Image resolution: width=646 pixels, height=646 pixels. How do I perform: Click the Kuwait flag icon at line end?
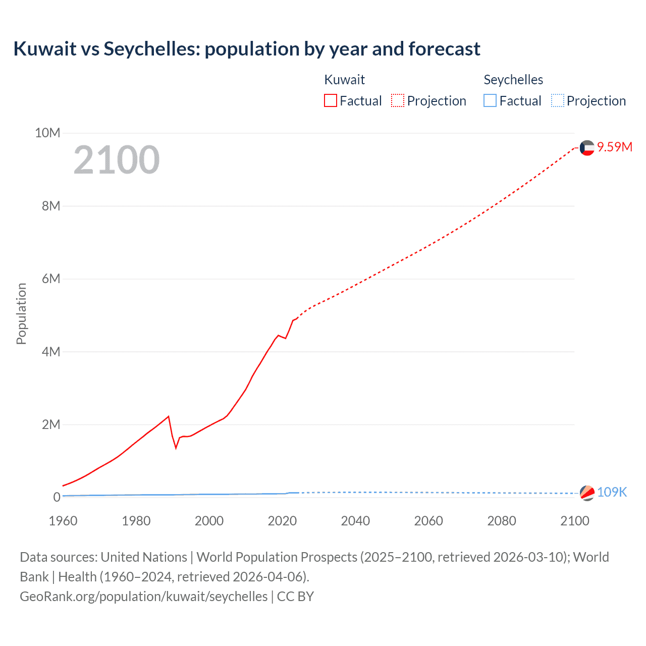(x=587, y=147)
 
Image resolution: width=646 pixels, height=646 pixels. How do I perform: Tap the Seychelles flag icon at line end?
(x=587, y=493)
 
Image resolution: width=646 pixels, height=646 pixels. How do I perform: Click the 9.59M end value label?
(x=614, y=147)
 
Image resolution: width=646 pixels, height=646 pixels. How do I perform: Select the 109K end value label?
(x=612, y=492)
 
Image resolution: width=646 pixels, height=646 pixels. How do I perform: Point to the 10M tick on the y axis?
(x=47, y=133)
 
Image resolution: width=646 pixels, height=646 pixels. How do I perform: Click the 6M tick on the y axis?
(x=51, y=279)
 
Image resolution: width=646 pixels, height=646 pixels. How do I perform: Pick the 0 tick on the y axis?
(x=57, y=497)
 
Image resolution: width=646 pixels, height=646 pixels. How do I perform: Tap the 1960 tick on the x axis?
(x=63, y=521)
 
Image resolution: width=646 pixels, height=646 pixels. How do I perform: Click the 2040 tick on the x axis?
(x=355, y=521)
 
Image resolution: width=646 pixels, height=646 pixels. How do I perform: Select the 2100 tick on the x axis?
(x=574, y=521)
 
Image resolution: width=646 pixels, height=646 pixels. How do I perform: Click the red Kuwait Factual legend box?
(x=331, y=100)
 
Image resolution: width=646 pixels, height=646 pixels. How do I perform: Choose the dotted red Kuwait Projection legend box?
(x=398, y=100)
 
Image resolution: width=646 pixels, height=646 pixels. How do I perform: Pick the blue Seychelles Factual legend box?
(x=490, y=100)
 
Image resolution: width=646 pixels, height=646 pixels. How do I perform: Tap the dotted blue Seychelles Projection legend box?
(x=557, y=100)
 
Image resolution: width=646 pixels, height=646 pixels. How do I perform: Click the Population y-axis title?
(x=21, y=313)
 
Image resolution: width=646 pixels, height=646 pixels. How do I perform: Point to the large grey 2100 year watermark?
(x=117, y=160)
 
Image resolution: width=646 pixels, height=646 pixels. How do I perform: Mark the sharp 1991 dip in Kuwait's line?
(x=176, y=447)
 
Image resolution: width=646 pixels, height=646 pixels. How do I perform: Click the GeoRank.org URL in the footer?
(x=144, y=596)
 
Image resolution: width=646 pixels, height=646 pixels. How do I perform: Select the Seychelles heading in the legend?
(x=513, y=80)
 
